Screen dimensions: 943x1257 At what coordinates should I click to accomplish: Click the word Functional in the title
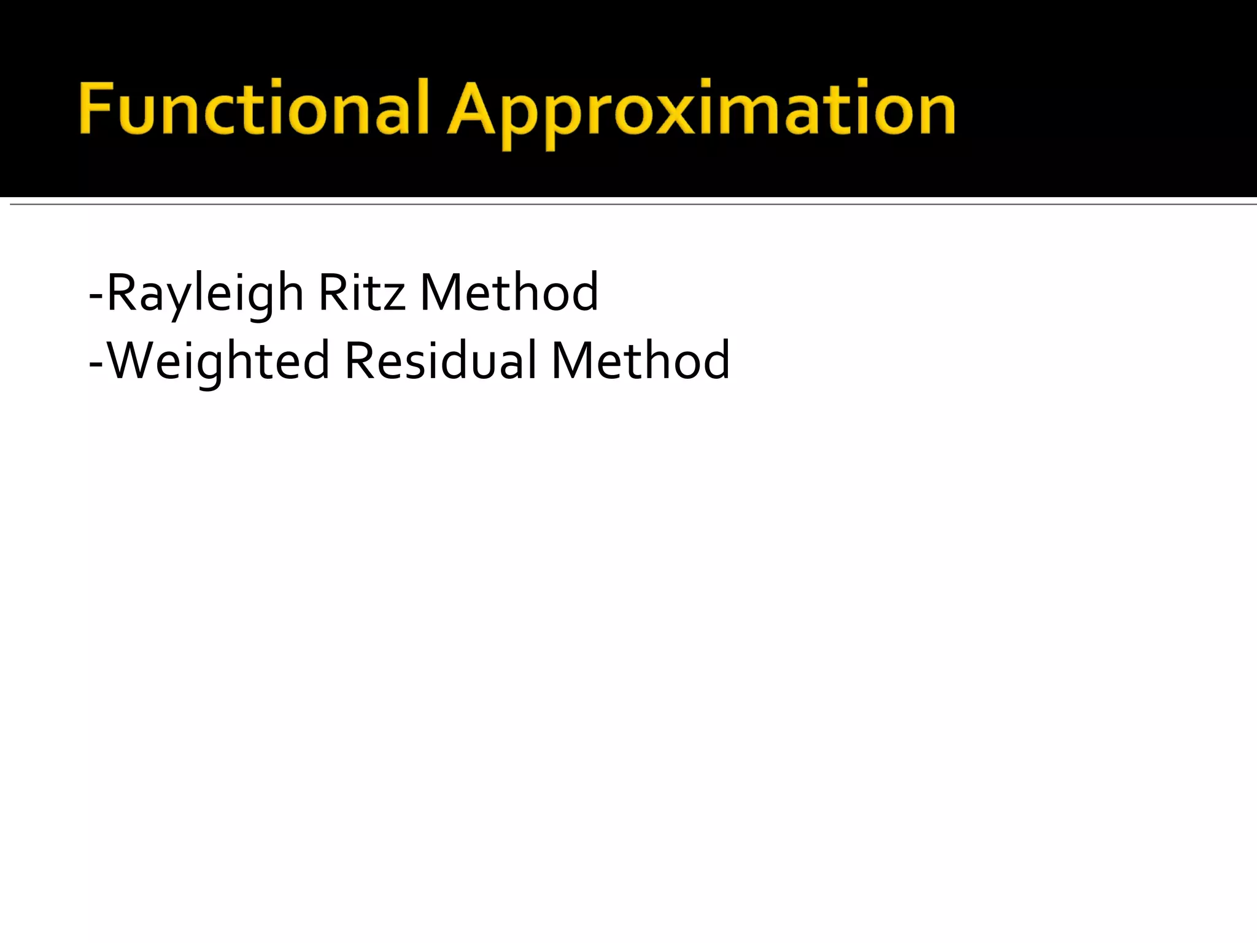pyautogui.click(x=253, y=109)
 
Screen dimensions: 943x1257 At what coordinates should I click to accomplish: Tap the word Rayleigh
pyautogui.click(x=205, y=293)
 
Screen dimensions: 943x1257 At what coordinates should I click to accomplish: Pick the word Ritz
pyautogui.click(x=362, y=293)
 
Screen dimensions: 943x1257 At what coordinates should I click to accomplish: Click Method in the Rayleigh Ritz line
pyautogui.click(x=509, y=293)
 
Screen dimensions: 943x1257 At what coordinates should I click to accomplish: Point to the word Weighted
pyautogui.click(x=219, y=361)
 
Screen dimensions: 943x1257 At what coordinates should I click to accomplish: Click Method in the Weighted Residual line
pyautogui.click(x=641, y=361)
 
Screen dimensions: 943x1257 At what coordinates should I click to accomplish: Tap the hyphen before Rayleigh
pyautogui.click(x=96, y=295)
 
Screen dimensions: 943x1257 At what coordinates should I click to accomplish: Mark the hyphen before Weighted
pyautogui.click(x=96, y=363)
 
